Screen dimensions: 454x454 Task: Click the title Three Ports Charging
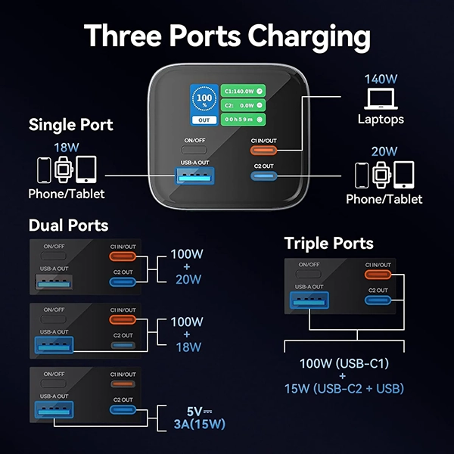(227, 36)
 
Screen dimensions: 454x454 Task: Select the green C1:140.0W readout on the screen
(243, 91)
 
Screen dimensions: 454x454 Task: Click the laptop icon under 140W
(380, 98)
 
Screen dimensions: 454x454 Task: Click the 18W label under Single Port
(66, 148)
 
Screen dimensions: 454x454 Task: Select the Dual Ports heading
(68, 225)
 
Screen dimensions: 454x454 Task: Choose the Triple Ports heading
(329, 243)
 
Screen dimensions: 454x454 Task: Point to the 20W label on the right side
(384, 151)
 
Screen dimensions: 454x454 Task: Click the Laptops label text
(381, 120)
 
